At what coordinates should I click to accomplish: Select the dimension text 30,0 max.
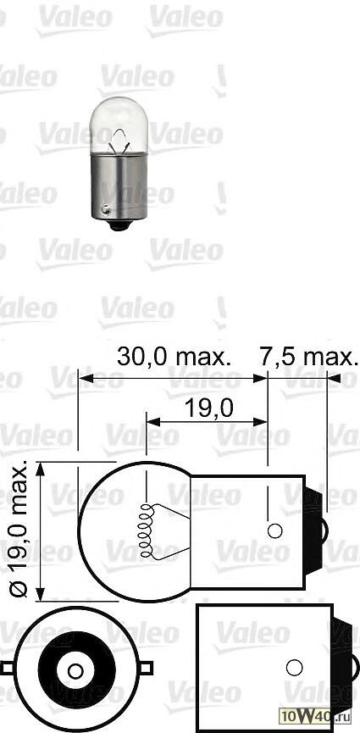174,357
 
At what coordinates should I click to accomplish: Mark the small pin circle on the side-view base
274,531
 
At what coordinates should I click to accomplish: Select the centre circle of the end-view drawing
74,672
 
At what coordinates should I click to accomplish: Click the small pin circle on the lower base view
294,665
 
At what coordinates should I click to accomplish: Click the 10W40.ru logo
325,718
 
